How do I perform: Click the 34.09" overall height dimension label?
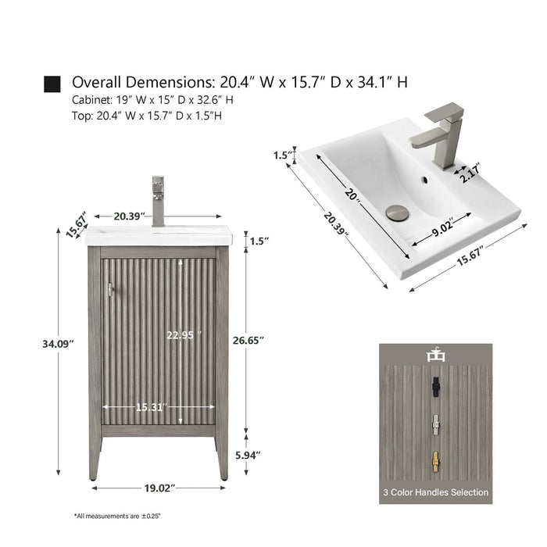pos(58,344)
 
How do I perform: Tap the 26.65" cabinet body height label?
pos(248,340)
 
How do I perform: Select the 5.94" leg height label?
pos(248,456)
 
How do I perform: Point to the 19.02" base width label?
pos(159,488)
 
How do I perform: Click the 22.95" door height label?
pos(184,335)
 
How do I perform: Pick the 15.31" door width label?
pos(151,407)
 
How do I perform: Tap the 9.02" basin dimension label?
pos(443,227)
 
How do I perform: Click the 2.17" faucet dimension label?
pos(470,173)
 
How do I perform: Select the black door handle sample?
pos(435,387)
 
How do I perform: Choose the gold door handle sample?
pos(435,463)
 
